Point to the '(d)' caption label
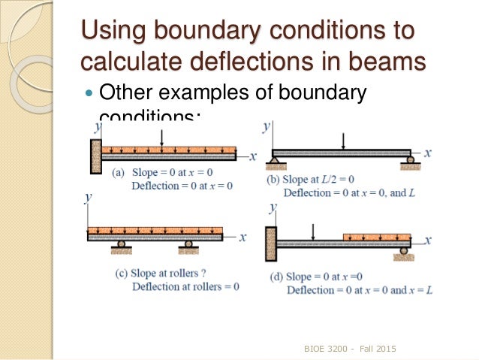(x=276, y=277)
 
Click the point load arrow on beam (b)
(x=343, y=141)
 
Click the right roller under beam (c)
(x=188, y=244)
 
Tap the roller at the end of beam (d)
(x=405, y=250)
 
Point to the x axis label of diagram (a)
(x=252, y=156)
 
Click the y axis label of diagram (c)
(x=89, y=197)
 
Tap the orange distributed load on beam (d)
(x=376, y=237)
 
